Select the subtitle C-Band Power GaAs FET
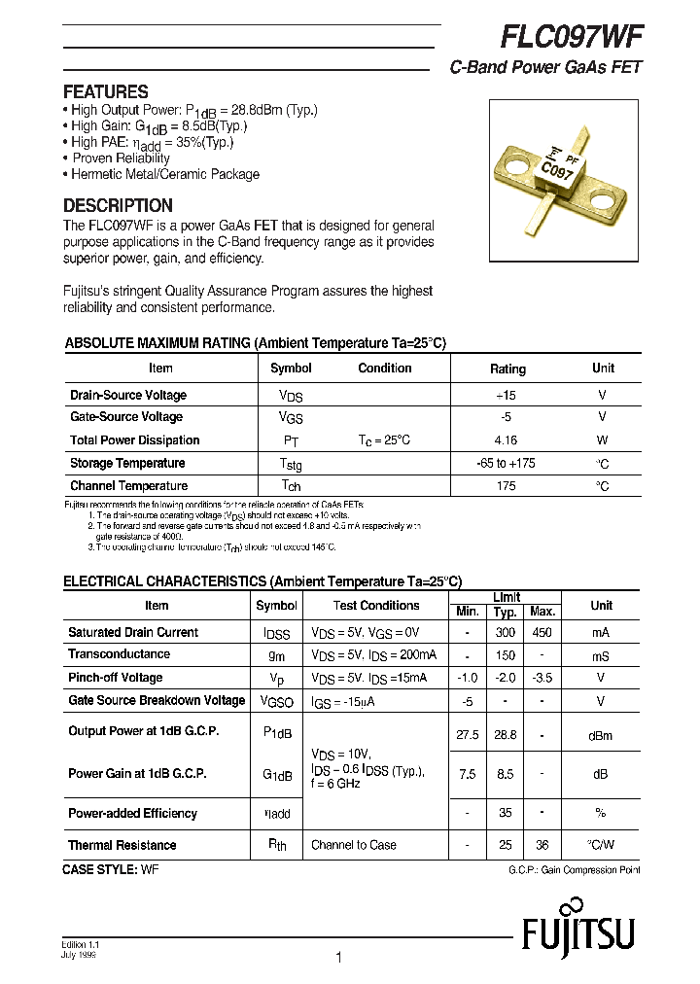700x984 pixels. click(545, 68)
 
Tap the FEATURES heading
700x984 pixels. click(105, 91)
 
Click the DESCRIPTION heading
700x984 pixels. click(118, 205)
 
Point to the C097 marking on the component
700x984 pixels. click(556, 172)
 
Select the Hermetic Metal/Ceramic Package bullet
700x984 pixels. click(164, 174)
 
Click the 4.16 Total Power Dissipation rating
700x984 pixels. click(506, 439)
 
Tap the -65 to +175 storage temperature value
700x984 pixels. click(506, 463)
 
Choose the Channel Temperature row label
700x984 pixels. click(128, 485)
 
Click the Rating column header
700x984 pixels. click(507, 369)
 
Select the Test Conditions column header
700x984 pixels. click(376, 605)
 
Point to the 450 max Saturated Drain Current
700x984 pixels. click(542, 632)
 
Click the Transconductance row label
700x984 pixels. click(119, 654)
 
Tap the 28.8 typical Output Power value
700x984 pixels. click(505, 735)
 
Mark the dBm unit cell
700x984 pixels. click(600, 736)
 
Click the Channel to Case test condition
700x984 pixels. click(354, 845)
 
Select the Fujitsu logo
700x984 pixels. click(577, 935)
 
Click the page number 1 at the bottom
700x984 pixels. click(337, 958)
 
